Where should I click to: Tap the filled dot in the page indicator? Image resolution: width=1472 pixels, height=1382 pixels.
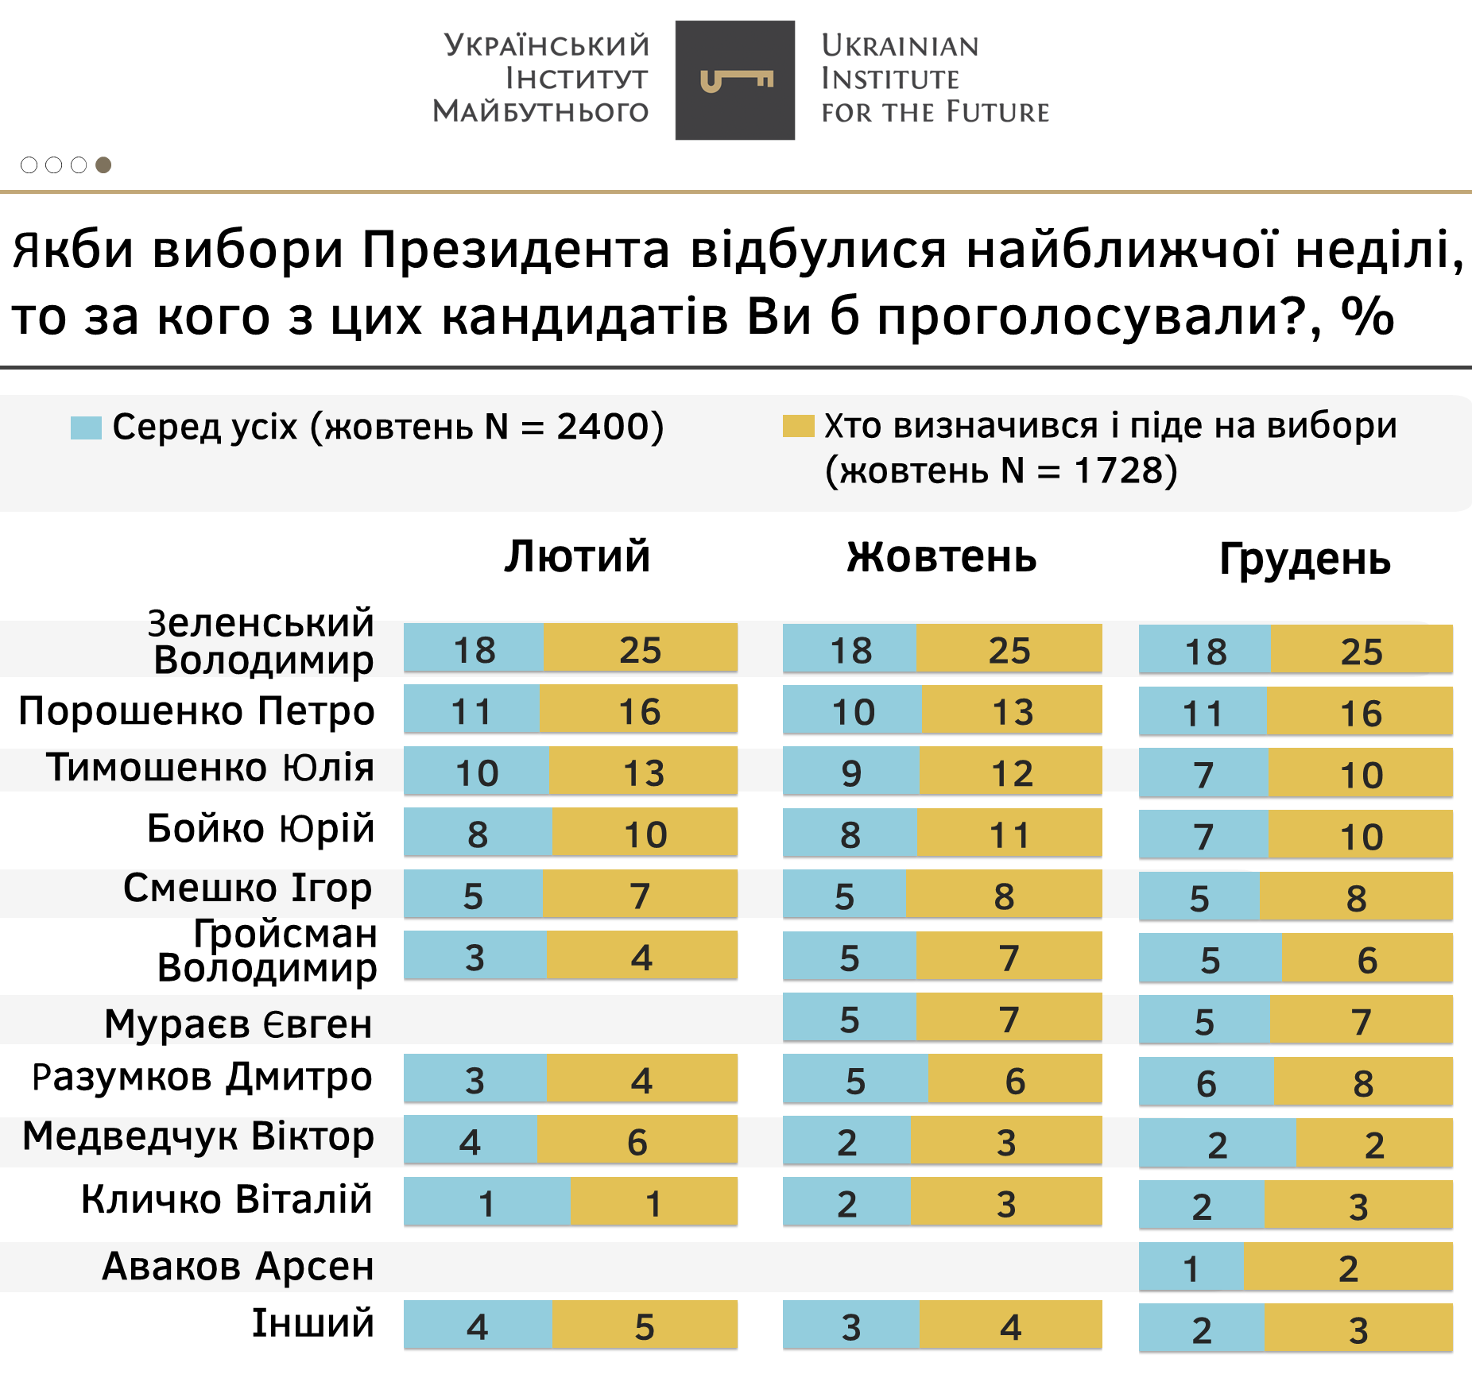point(103,165)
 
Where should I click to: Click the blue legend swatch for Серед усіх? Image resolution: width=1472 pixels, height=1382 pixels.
point(86,428)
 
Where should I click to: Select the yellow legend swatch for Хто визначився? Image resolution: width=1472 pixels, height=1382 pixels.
point(798,426)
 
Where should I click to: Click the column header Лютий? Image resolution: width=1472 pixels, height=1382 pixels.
point(577,556)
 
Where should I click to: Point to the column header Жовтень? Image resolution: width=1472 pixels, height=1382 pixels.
point(941,556)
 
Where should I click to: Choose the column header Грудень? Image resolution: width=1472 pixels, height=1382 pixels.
point(1304,559)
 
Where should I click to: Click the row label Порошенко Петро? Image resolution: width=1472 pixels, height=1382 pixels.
point(196,710)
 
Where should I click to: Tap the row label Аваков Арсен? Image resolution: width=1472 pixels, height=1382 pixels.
point(238,1266)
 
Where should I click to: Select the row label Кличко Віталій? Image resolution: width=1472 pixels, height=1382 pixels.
point(227,1199)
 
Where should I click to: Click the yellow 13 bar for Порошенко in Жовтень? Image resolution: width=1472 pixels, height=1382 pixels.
point(1011,710)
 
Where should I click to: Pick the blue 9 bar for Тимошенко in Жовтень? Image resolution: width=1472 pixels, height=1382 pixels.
point(850,772)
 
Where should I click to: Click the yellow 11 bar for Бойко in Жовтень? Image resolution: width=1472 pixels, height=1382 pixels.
point(1009,833)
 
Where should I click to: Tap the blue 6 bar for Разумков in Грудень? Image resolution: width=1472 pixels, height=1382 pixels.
point(1206,1082)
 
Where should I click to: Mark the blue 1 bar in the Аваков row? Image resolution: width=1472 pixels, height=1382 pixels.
point(1191,1267)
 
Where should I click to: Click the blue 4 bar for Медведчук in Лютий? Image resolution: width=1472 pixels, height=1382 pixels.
point(470,1140)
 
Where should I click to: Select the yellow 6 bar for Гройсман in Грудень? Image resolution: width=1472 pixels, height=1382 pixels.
point(1366,958)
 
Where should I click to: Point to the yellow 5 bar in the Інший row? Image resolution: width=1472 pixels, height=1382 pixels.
point(645,1325)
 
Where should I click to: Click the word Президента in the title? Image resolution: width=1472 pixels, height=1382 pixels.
point(516,250)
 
